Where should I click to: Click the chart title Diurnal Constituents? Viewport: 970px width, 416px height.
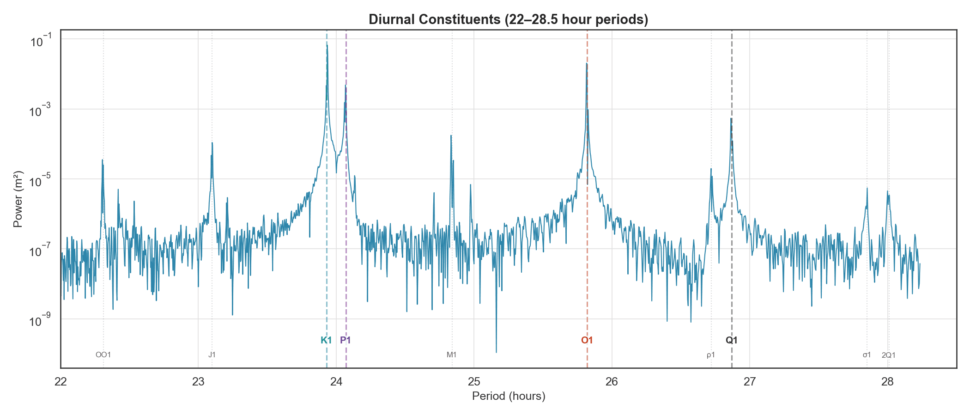click(508, 19)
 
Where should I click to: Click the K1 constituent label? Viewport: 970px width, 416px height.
click(326, 341)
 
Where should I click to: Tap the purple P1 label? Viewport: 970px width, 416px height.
click(346, 341)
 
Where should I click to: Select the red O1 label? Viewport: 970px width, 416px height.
click(587, 341)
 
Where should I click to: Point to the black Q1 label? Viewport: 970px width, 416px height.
click(732, 341)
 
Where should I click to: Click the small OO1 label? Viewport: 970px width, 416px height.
click(103, 355)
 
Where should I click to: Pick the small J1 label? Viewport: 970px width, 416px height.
click(212, 355)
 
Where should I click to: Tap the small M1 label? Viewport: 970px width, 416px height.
click(451, 355)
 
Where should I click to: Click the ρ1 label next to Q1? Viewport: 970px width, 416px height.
click(711, 355)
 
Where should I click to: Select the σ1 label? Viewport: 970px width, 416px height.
click(867, 355)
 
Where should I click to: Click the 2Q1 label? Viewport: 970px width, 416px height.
click(888, 355)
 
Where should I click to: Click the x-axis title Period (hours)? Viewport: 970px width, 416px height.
click(508, 397)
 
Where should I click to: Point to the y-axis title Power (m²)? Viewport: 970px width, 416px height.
click(18, 199)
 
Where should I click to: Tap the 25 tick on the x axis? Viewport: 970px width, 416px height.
click(474, 382)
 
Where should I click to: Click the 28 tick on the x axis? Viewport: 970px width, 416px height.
click(887, 382)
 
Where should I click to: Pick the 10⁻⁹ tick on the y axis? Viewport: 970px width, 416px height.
click(41, 320)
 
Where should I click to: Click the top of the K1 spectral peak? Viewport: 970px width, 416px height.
click(327, 45)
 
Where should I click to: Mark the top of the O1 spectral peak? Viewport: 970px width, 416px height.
click(587, 63)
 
